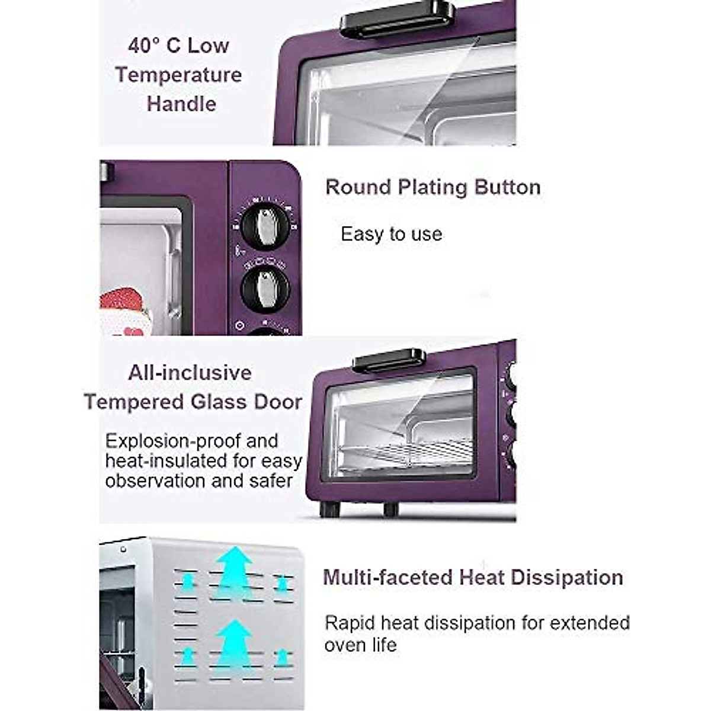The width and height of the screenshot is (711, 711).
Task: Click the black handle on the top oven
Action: (x=398, y=18)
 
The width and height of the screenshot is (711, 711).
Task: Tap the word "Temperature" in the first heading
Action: (x=178, y=75)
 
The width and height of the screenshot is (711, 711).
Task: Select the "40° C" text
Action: (x=154, y=46)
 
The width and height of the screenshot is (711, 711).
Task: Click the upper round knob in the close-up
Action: (x=265, y=226)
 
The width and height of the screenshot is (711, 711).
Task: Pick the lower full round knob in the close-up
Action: (x=265, y=289)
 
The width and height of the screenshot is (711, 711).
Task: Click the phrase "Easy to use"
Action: (x=391, y=234)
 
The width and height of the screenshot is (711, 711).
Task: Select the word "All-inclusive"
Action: (x=190, y=373)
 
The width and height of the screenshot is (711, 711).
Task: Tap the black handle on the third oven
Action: (x=389, y=360)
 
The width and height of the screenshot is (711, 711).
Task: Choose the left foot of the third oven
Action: (x=329, y=508)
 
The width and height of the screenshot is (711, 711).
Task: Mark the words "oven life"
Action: (x=360, y=645)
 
